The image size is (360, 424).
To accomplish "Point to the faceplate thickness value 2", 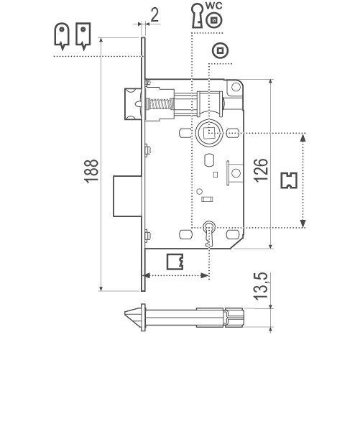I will pyautogui.click(x=154, y=14).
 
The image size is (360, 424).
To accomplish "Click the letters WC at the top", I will pyautogui.click(x=213, y=6).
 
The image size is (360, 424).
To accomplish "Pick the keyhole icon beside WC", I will pyautogui.click(x=195, y=15).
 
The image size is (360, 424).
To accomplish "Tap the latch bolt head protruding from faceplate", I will pyautogui.click(x=130, y=102).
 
